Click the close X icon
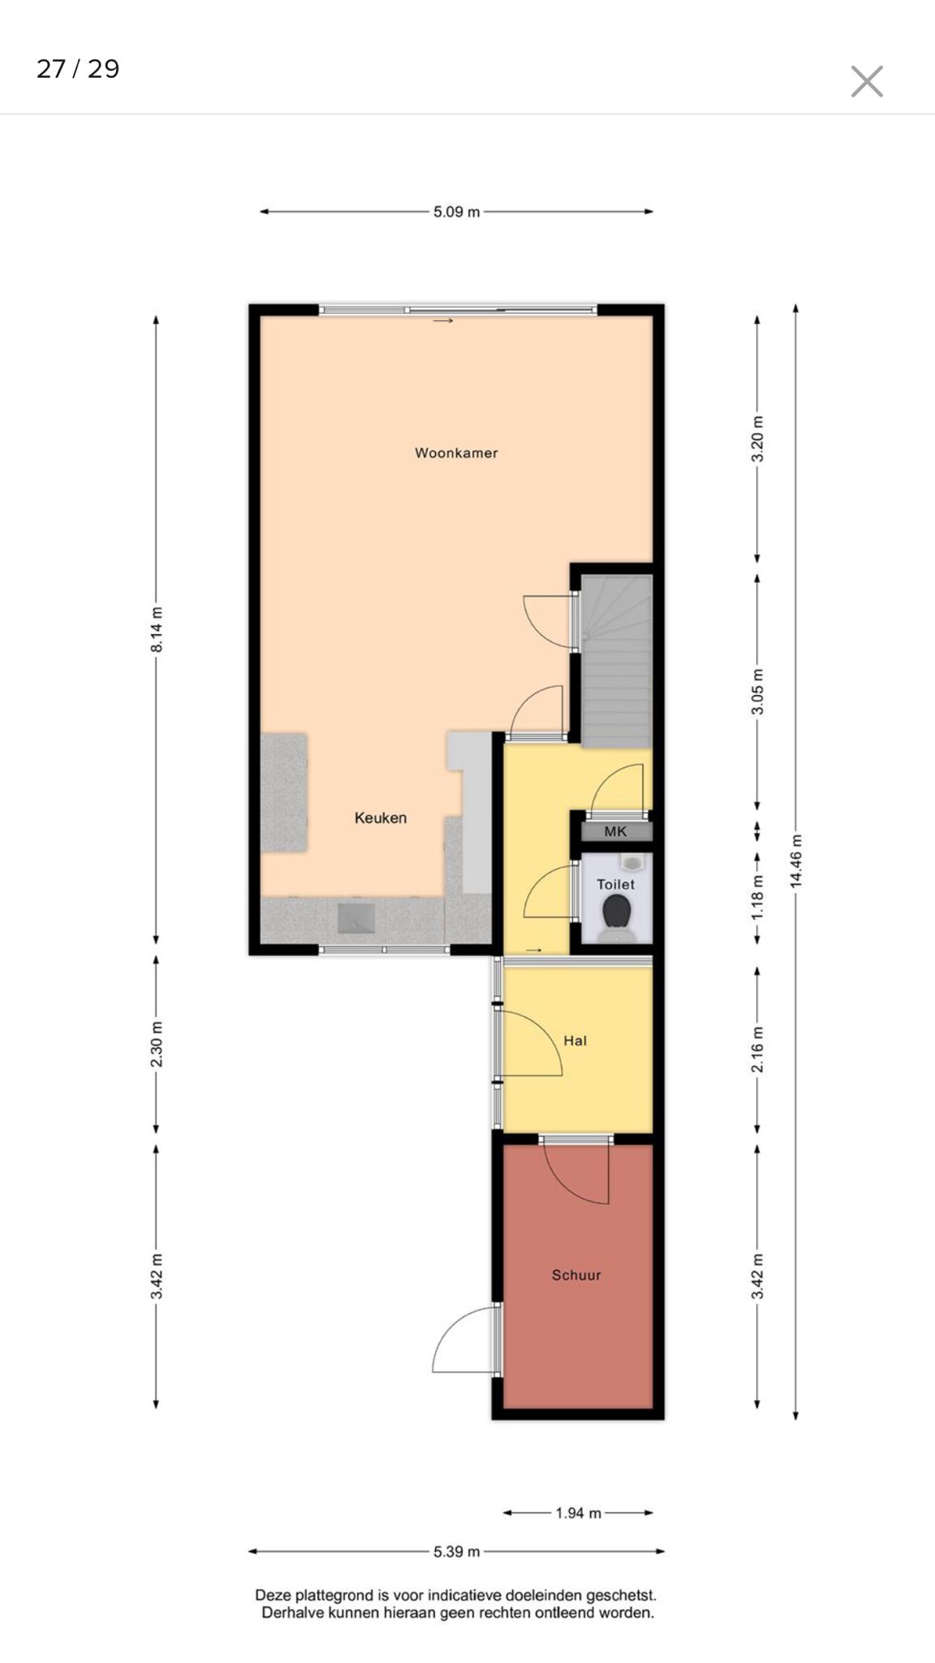pyautogui.click(x=867, y=81)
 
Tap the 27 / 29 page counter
pyautogui.click(x=78, y=69)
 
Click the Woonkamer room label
pyautogui.click(x=456, y=453)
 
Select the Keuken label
pyautogui.click(x=381, y=818)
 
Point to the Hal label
pyautogui.click(x=575, y=1040)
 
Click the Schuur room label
pyautogui.click(x=576, y=1275)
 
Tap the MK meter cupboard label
pyautogui.click(x=615, y=831)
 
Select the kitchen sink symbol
pyautogui.click(x=356, y=918)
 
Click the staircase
pyautogui.click(x=617, y=661)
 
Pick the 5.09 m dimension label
pyautogui.click(x=456, y=212)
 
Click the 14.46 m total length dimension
pyautogui.click(x=796, y=861)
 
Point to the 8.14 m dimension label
pyautogui.click(x=157, y=628)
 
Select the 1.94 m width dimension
pyautogui.click(x=578, y=1513)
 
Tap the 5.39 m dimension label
pyautogui.click(x=456, y=1552)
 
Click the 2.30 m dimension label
pyautogui.click(x=157, y=1044)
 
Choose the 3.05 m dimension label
pyautogui.click(x=757, y=692)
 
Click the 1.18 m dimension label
pyautogui.click(x=757, y=897)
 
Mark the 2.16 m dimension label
pyautogui.click(x=757, y=1049)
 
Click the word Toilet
pyautogui.click(x=616, y=884)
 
